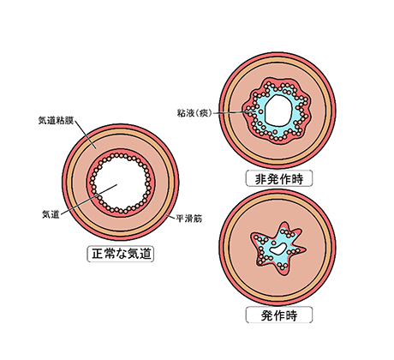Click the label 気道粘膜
[56, 121]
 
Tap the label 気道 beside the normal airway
[51, 214]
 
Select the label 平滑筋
[189, 219]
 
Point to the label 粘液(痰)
[194, 113]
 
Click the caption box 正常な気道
[120, 254]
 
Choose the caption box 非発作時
[279, 179]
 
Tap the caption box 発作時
[279, 315]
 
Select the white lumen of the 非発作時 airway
[278, 110]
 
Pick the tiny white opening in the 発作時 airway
[278, 249]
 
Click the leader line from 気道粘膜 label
[86, 135]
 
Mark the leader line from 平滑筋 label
[170, 216]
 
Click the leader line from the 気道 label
[88, 199]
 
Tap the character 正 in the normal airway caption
[98, 254]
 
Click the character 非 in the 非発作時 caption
[260, 179]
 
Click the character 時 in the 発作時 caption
[291, 315]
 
